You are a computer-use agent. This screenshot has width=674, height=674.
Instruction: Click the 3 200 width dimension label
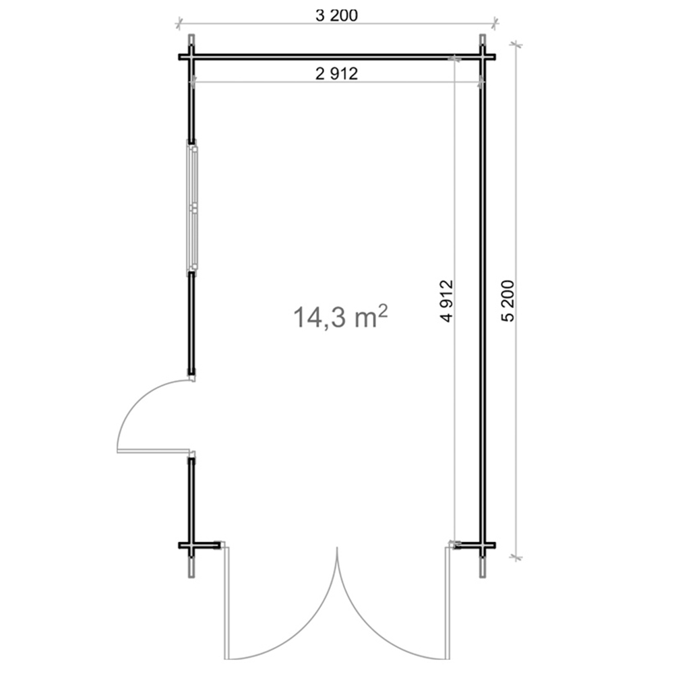(336, 16)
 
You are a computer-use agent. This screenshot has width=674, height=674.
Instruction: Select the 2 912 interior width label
(336, 73)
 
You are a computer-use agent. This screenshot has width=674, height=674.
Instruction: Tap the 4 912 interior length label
(447, 301)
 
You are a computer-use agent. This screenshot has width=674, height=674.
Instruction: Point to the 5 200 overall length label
(508, 301)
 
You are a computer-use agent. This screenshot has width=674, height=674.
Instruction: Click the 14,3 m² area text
(340, 317)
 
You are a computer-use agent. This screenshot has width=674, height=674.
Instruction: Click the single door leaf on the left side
(153, 451)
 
